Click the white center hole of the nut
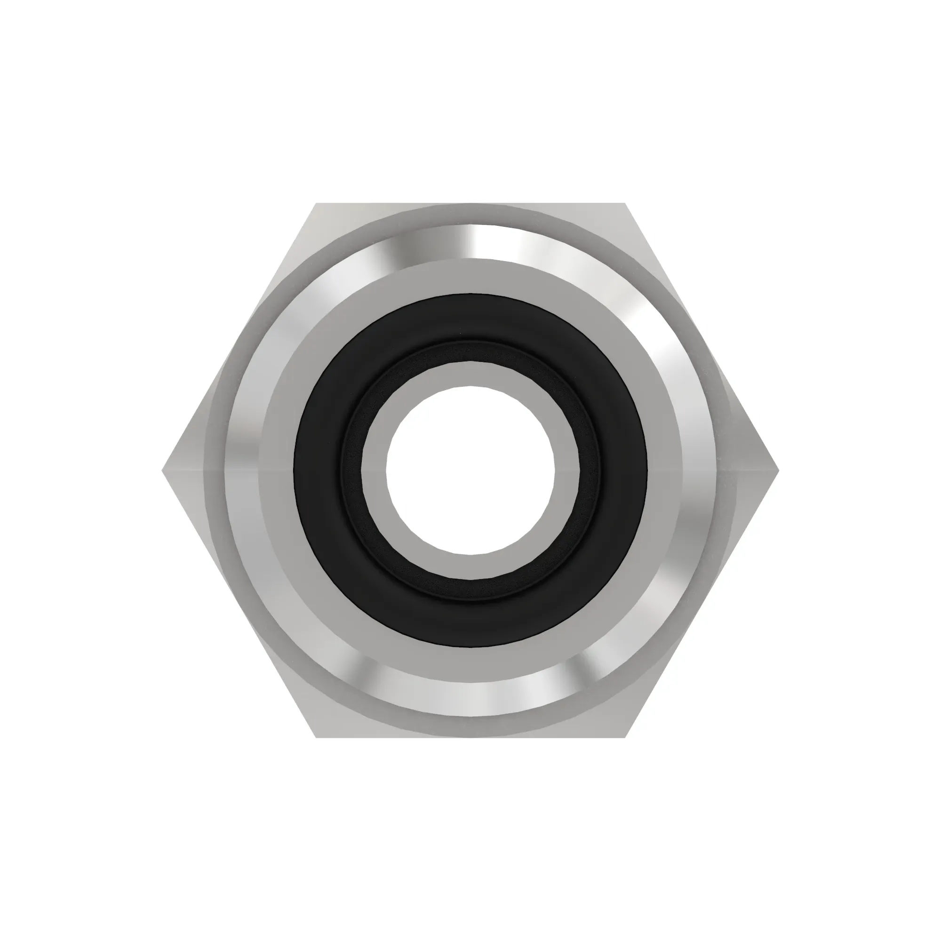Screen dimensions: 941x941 470,470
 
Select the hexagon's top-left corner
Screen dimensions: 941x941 317,204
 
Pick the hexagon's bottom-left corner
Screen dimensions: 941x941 317,736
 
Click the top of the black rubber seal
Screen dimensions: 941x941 470,317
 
